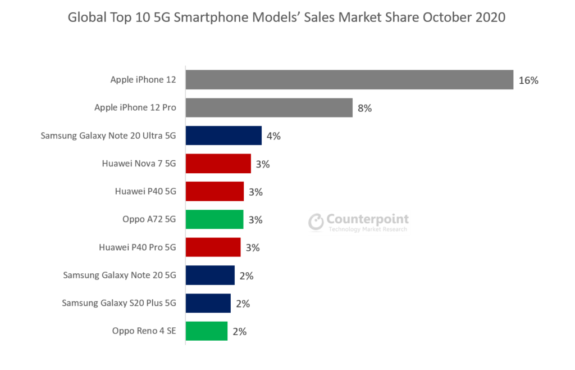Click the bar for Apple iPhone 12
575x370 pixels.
(349, 80)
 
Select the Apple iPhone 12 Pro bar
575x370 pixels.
(269, 107)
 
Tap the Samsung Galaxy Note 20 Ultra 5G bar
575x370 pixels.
(223, 136)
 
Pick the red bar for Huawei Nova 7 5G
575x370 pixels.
(218, 164)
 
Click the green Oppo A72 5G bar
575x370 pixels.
(215, 219)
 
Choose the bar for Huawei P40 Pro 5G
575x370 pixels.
(213, 247)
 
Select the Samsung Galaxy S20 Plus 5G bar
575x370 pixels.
(208, 303)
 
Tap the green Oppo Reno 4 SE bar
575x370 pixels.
(207, 331)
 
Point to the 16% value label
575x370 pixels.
(528, 80)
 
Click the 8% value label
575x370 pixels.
(365, 108)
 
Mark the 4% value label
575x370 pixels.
(274, 136)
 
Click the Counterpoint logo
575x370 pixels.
(359, 223)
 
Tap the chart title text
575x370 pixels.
(286, 17)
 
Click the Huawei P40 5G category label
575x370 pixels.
(145, 192)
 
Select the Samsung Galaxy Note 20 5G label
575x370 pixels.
(120, 276)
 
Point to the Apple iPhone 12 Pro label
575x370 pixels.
(135, 108)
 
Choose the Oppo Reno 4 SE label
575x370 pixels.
(144, 331)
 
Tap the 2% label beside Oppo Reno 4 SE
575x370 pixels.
(240, 332)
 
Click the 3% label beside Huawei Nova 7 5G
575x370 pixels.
(263, 164)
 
